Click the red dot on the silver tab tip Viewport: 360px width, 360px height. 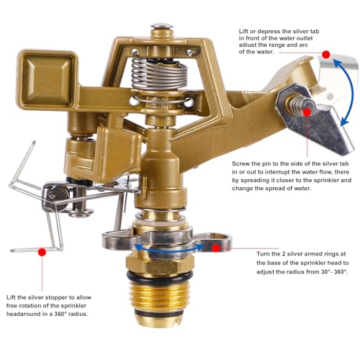point(326,55)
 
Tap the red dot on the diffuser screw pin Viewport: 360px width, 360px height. point(307,112)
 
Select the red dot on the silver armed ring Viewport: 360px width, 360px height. point(216,248)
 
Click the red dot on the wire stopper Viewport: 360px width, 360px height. point(42,252)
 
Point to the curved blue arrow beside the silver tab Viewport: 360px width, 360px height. point(351,92)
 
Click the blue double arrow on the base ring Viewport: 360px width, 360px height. point(168,250)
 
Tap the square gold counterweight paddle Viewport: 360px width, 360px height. point(48,79)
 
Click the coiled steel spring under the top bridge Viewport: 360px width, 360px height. point(160,73)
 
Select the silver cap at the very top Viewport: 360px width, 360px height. point(162,25)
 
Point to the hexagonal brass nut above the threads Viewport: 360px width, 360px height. point(159,264)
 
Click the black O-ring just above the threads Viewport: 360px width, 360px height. point(159,276)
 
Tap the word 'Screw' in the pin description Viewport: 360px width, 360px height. point(240,163)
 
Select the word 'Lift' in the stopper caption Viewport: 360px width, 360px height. point(11,297)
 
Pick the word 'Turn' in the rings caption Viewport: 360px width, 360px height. point(263,253)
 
